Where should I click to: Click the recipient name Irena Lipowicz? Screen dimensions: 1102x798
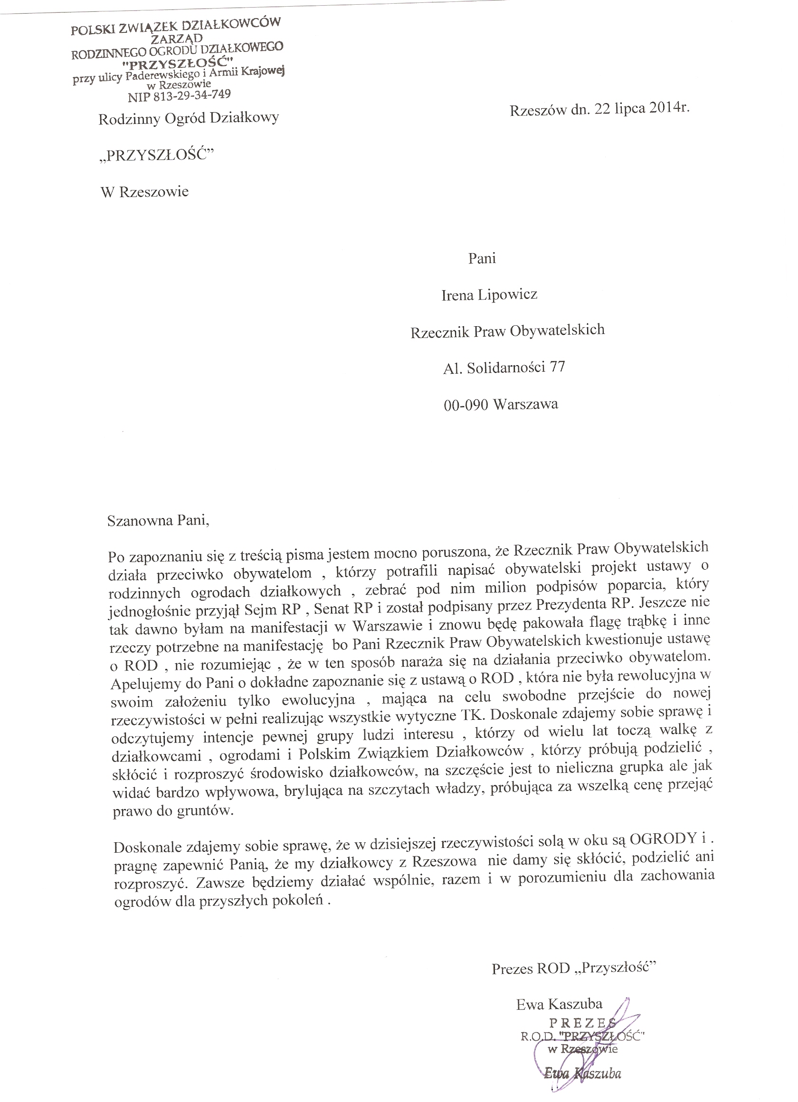pos(489,294)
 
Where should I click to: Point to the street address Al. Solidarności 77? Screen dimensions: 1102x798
pos(504,367)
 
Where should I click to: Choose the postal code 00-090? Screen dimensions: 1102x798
pos(465,404)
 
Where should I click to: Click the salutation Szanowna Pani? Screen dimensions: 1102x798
pos(158,521)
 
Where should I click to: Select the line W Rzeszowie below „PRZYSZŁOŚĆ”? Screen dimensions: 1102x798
pos(144,192)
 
